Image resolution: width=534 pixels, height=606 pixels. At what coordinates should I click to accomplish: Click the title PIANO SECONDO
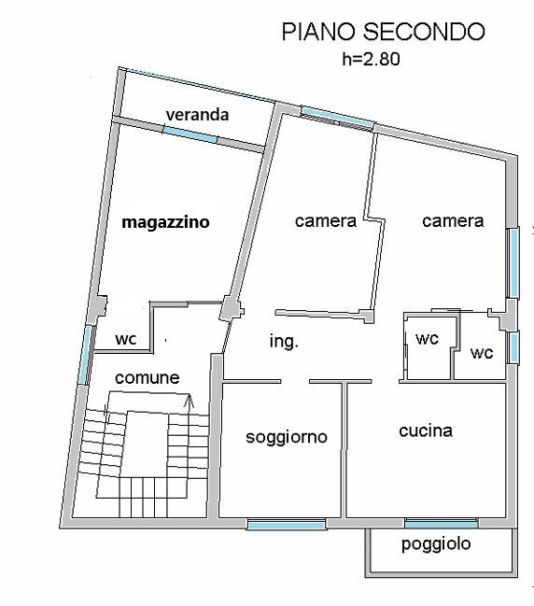tap(383, 32)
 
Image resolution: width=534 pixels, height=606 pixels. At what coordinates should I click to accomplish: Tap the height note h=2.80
tap(371, 59)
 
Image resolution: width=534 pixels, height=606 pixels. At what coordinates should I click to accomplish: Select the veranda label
tap(197, 115)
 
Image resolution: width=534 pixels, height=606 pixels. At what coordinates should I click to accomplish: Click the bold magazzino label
tap(165, 222)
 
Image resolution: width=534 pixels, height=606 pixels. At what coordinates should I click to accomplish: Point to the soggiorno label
tap(287, 437)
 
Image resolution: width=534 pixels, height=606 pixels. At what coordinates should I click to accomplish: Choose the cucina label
tap(426, 430)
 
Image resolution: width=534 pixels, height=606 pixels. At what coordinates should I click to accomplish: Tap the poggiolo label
tap(436, 544)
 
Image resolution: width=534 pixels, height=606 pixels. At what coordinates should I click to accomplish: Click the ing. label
tap(284, 342)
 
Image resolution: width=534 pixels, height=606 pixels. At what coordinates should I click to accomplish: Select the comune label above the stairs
tap(148, 378)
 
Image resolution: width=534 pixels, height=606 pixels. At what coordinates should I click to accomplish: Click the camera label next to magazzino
tap(325, 221)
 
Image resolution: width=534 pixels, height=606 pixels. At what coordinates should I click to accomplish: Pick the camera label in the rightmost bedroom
tap(453, 221)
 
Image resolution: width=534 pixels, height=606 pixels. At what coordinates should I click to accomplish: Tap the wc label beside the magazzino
tap(126, 339)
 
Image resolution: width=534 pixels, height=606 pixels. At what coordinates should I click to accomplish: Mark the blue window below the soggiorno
tap(287, 525)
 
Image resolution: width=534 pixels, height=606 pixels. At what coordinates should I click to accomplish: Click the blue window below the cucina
tap(442, 524)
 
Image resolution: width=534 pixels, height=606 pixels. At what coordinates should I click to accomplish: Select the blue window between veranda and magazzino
tap(190, 134)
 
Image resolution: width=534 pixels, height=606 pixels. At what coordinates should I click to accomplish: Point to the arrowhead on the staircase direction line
tap(189, 402)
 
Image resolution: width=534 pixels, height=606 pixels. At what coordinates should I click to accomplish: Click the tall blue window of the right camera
tap(513, 262)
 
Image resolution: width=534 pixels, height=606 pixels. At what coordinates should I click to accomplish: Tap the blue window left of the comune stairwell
tap(85, 355)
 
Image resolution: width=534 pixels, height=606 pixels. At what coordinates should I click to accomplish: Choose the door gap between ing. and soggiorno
tap(295, 382)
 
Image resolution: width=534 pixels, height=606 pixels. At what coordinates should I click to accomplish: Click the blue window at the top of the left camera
tap(338, 118)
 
